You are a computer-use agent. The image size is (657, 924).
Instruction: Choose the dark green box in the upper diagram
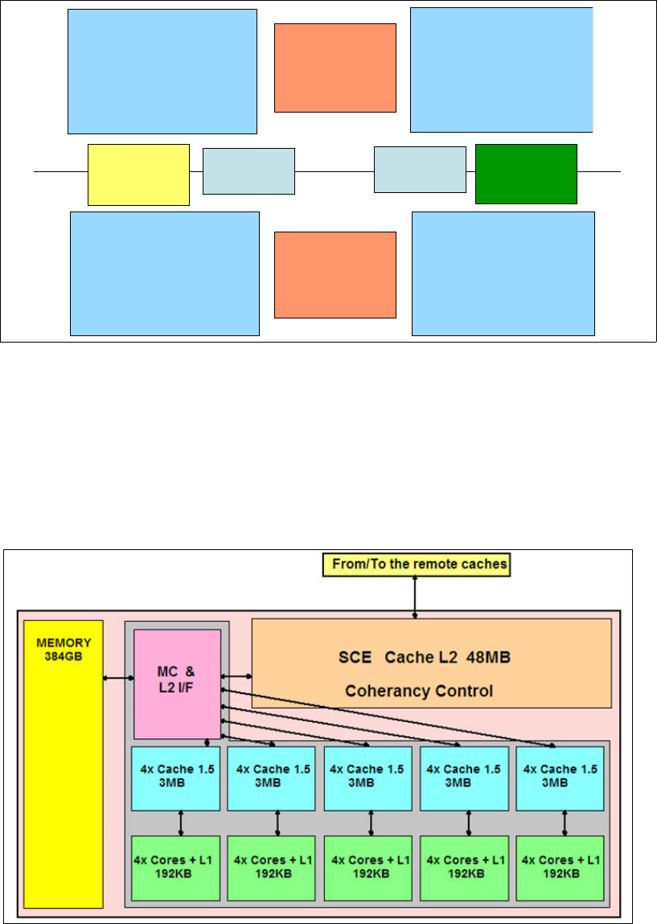(526, 174)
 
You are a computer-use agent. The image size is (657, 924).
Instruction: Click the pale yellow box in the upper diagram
(138, 175)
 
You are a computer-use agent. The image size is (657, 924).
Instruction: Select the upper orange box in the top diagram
(335, 68)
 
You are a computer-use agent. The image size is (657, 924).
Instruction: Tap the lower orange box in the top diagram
(335, 275)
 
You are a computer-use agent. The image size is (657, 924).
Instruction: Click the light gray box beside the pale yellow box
(248, 171)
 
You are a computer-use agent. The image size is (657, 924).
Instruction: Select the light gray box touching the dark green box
(420, 170)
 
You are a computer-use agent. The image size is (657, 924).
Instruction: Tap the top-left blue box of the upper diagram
(162, 71)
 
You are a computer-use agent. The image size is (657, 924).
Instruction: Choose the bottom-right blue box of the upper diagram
(503, 273)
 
